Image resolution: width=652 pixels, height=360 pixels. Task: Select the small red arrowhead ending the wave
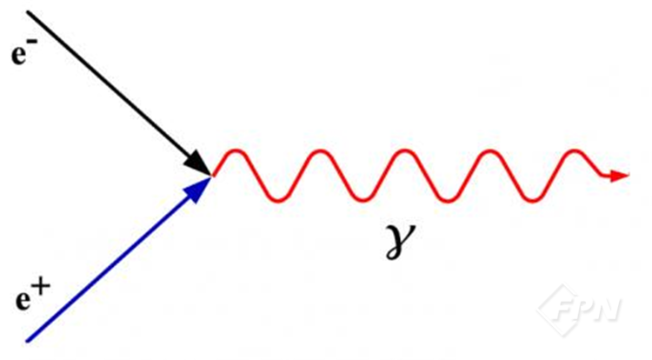coord(621,176)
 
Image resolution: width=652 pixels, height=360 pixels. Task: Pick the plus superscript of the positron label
coord(42,285)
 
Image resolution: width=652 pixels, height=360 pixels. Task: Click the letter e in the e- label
coord(19,56)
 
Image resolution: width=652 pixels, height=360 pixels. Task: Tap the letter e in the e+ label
coord(23,299)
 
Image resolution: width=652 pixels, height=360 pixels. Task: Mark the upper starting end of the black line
coord(28,11)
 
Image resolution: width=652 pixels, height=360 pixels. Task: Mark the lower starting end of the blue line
coord(28,341)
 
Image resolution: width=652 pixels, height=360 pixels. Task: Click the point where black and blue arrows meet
coord(212,177)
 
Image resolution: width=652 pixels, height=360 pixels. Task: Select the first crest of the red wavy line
coord(236,150)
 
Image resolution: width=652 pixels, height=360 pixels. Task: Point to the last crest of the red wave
coord(575,150)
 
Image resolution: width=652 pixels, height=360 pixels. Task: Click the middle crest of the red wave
coord(404,150)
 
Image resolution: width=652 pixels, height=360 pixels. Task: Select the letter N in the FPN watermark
coord(606,308)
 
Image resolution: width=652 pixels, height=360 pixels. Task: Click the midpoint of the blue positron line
coord(120,258)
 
